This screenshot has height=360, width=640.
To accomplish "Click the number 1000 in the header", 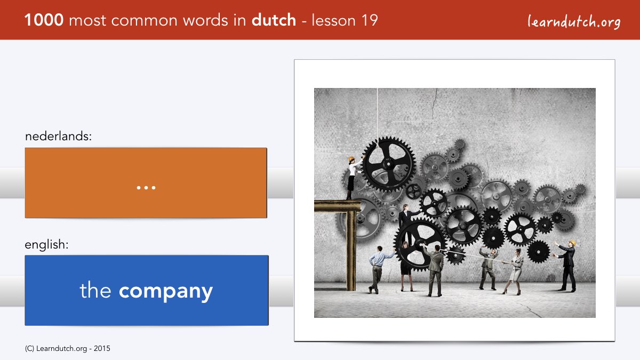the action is coord(44,20).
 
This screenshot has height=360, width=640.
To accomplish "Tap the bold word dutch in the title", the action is coord(274,20).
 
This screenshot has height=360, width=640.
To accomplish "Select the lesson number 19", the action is coord(370,20).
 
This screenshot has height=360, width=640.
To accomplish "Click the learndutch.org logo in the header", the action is coord(574,21).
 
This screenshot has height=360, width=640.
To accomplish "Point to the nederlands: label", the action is coord(58,136).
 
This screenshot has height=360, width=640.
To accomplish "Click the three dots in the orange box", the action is coord(146,188).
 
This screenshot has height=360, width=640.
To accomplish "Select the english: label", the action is coord(46,245).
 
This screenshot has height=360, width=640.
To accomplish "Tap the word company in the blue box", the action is coord(166,292).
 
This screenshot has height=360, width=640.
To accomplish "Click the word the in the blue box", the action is coord(95,290).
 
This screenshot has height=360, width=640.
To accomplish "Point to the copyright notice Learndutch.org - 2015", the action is coord(67,349).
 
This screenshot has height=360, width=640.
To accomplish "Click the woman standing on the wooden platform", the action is coord(353,178).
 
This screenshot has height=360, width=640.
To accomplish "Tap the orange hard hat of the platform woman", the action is coord(351,159).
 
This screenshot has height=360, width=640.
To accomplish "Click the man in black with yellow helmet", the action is coord(566,266).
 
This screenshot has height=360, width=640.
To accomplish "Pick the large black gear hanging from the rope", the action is coord(389,165).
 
